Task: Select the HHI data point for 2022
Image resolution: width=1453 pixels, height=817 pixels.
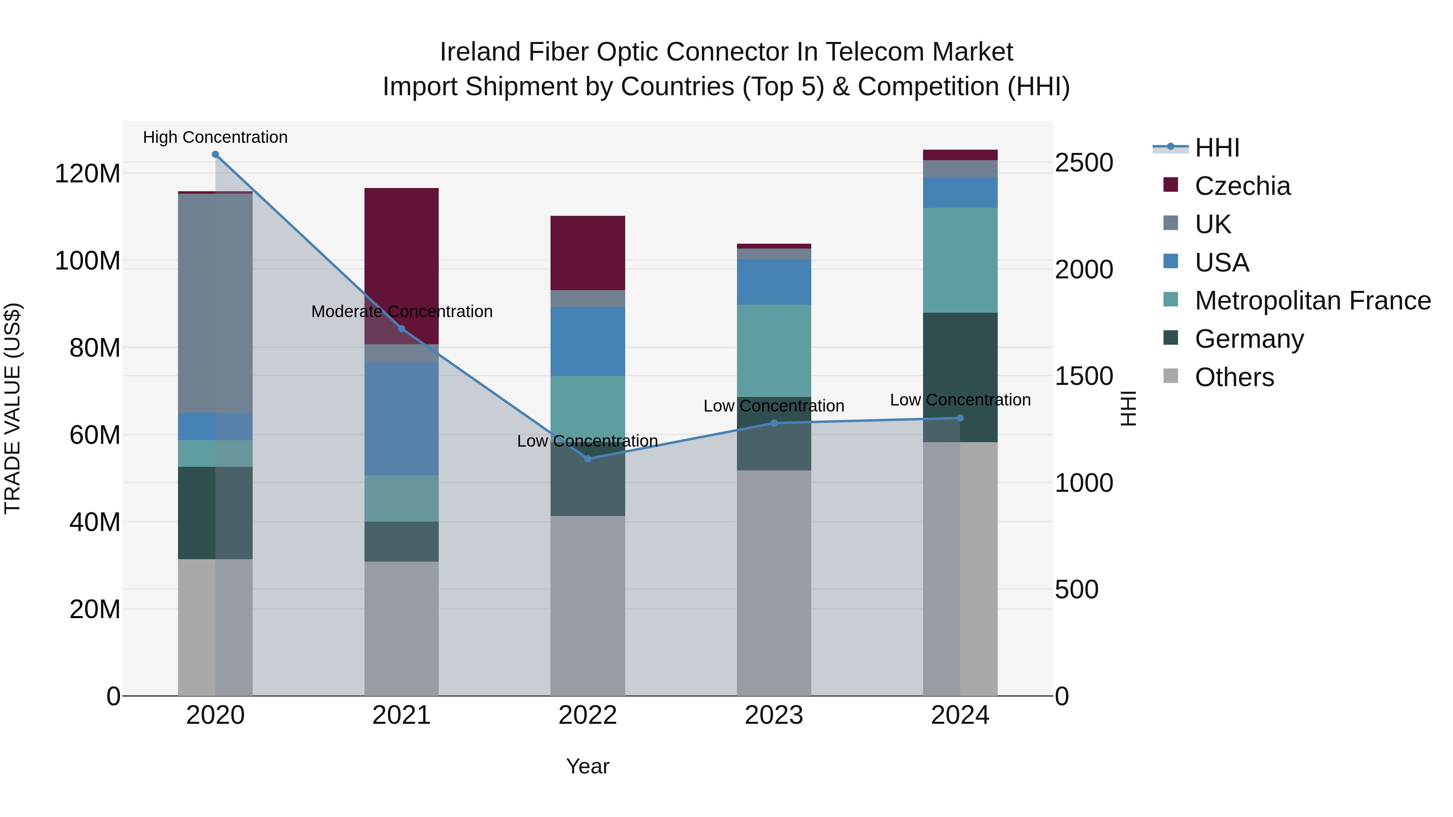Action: tap(588, 459)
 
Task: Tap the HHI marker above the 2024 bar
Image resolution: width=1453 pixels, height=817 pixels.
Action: tap(960, 418)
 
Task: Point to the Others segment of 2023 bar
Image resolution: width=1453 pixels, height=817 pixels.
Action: tap(774, 583)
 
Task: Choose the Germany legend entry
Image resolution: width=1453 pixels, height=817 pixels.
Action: tap(1249, 339)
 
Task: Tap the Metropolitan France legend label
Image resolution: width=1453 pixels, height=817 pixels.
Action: tap(1313, 301)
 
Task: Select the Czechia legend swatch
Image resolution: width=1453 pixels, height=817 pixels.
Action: tap(1171, 185)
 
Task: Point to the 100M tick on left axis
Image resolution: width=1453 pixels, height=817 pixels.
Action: tap(88, 261)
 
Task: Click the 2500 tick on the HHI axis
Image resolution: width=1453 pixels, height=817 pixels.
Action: tap(1084, 163)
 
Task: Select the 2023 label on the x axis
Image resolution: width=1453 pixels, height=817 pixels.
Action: tap(774, 715)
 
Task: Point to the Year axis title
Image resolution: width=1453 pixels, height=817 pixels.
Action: tap(588, 766)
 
